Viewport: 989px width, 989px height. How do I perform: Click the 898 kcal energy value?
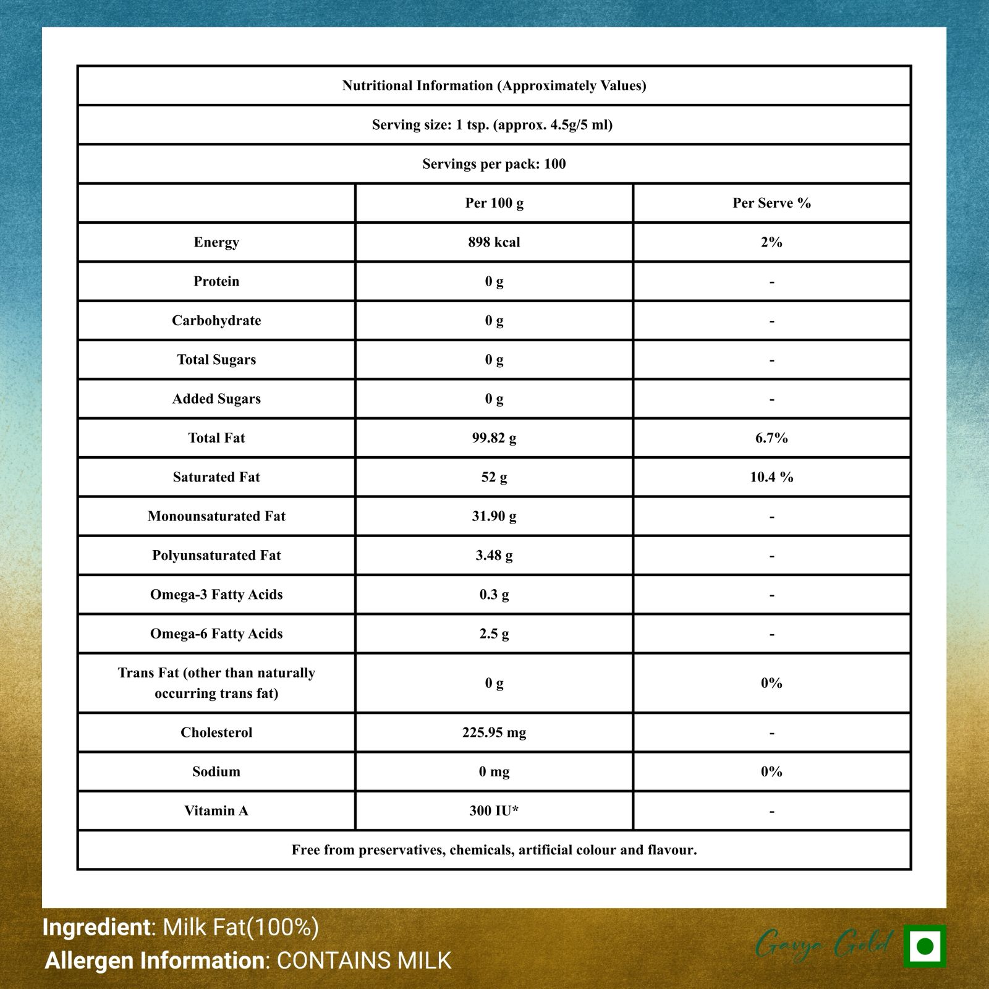pos(494,242)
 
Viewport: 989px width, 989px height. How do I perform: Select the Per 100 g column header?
pos(494,203)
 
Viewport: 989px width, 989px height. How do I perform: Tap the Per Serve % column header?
pos(771,203)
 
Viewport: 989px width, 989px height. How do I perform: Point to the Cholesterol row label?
pos(216,732)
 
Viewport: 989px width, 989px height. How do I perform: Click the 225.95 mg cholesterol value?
pos(494,732)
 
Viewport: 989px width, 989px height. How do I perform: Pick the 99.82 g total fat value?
pos(494,438)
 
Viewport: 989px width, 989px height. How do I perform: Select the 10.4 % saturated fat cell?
pos(771,477)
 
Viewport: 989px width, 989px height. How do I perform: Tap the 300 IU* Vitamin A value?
pos(494,811)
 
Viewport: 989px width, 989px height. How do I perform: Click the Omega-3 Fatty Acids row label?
pos(216,595)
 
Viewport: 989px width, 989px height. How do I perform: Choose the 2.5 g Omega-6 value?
pos(494,634)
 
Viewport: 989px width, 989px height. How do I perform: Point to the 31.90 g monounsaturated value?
pos(494,516)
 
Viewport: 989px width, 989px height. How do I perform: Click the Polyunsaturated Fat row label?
pos(216,556)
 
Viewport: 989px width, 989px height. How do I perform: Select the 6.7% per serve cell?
pos(771,438)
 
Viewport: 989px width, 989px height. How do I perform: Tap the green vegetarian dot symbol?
pos(925,946)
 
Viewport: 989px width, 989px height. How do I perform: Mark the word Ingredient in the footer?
pos(96,927)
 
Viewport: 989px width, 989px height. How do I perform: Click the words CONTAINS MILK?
pos(364,961)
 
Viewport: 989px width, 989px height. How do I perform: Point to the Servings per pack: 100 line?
pos(494,164)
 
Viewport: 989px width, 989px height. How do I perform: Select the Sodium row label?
pos(216,771)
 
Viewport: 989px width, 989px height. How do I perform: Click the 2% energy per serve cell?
pos(771,242)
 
